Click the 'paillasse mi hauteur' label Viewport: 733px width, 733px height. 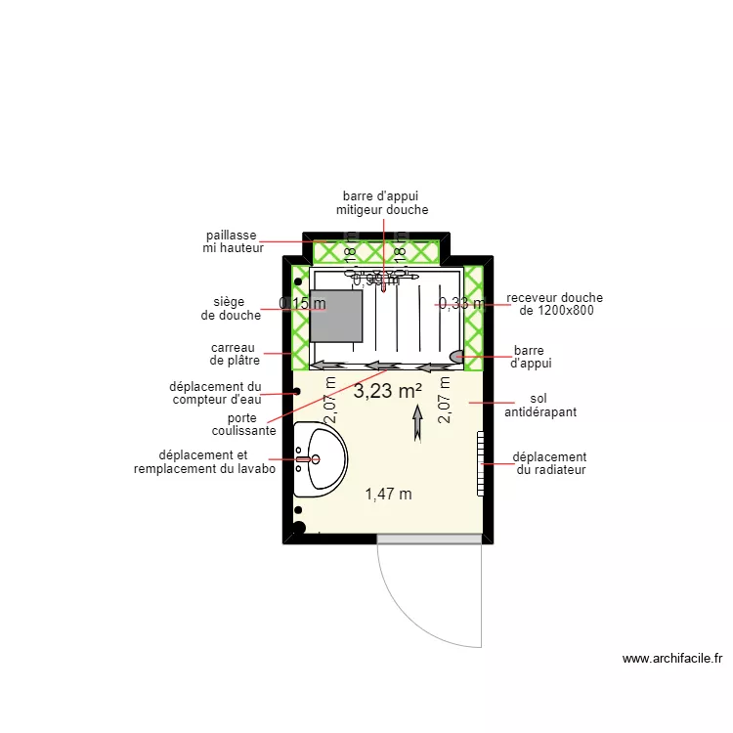231,241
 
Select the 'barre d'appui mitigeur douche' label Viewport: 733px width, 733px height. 382,202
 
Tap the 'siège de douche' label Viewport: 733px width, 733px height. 231,309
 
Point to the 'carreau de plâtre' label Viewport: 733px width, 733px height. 233,354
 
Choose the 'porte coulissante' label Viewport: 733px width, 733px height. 243,424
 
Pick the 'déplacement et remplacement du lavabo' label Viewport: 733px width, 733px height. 204,462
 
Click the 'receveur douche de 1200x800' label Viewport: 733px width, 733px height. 554,304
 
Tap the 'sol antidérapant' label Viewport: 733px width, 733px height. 539,406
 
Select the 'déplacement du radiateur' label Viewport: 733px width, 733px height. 549,463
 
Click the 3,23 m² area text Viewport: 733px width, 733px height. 387,391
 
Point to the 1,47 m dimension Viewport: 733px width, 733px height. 388,494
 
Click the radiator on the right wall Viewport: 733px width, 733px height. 480,462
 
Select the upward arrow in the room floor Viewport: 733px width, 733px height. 417,423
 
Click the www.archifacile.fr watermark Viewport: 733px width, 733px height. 671,660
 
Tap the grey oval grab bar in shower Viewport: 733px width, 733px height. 457,356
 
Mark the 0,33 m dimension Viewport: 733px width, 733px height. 460,304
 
